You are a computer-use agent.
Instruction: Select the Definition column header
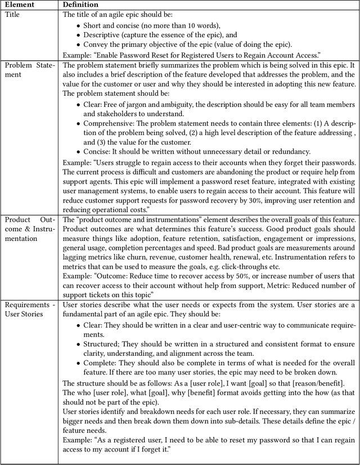[x=80, y=5]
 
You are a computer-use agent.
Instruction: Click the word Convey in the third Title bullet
[x=96, y=44]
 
